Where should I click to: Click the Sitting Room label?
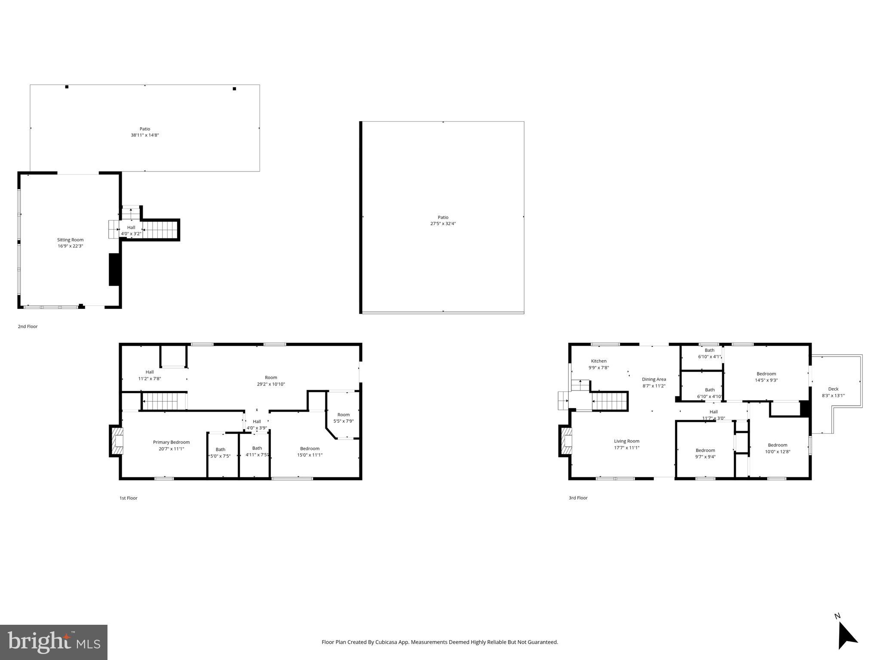coord(70,240)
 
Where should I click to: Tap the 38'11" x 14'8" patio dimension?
coord(145,135)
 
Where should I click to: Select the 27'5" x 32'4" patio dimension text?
coord(443,223)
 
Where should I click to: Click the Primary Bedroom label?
coord(171,442)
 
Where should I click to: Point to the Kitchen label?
coord(598,361)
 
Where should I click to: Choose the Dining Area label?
coord(654,379)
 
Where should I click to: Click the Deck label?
coord(833,389)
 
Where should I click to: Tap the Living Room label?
coord(626,441)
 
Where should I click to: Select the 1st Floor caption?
coord(128,498)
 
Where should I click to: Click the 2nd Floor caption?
coord(28,327)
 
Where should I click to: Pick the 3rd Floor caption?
coord(578,498)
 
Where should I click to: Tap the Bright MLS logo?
coord(53,642)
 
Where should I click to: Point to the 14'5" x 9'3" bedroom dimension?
coord(766,380)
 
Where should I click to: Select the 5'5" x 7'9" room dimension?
coord(343,421)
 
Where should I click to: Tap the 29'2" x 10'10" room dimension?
coord(271,384)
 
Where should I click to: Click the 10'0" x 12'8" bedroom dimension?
coord(777,452)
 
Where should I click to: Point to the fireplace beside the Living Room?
coord(566,441)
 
